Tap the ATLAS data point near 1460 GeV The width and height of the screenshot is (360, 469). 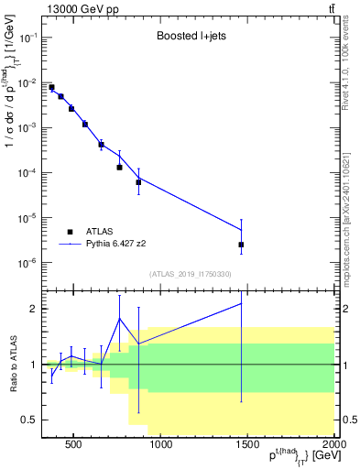(x=241, y=245)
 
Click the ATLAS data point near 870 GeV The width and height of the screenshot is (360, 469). (x=138, y=182)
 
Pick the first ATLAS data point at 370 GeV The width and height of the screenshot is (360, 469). (x=51, y=87)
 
